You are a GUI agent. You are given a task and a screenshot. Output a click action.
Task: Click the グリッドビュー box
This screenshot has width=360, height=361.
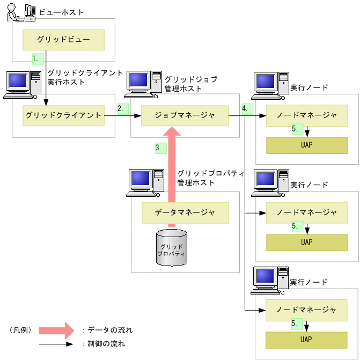(x=63, y=40)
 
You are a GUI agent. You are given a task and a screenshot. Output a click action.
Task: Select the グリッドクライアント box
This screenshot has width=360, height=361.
(x=63, y=115)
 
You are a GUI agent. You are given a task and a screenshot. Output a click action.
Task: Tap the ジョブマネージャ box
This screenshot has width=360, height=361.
(x=185, y=115)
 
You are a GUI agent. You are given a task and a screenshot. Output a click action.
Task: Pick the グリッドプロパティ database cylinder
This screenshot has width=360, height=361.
(x=172, y=248)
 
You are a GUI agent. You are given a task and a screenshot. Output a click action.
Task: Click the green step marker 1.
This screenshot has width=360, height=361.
(x=37, y=58)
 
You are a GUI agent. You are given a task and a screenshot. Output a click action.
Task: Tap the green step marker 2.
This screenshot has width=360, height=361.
(x=123, y=108)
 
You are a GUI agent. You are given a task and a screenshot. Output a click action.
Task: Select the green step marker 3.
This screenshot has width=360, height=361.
(x=160, y=148)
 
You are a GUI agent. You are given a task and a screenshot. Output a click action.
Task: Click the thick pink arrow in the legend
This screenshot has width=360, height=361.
(x=55, y=330)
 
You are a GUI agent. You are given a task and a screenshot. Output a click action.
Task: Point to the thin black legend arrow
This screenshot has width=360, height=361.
(x=55, y=344)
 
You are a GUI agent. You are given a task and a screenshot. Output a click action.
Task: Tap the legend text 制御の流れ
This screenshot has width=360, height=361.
(x=106, y=344)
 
